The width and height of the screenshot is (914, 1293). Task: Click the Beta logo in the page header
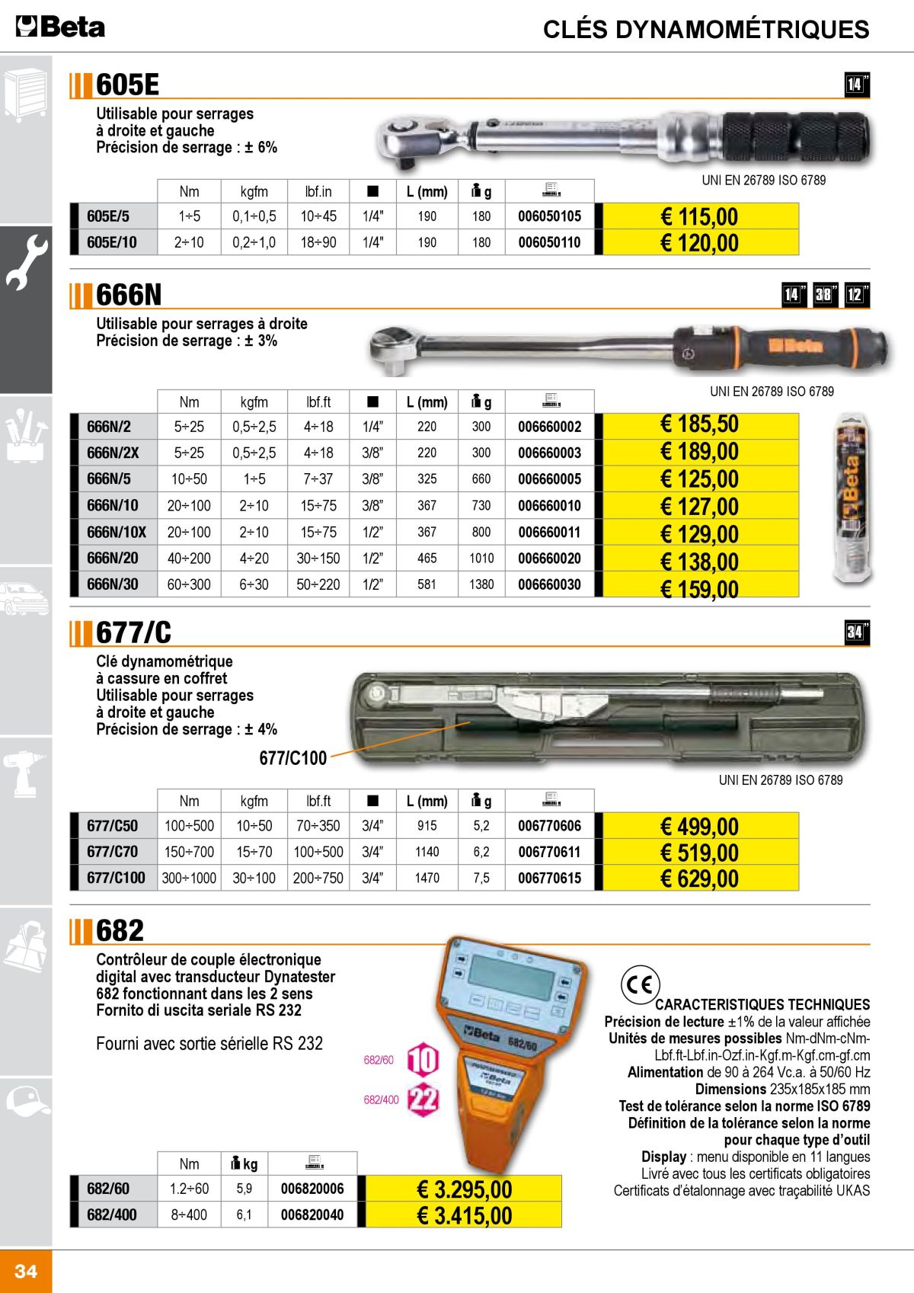coord(60,27)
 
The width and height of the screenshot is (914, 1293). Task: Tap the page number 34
coord(26,1270)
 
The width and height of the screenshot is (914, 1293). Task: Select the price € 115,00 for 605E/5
coord(698,216)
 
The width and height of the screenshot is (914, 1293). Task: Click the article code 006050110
coord(549,242)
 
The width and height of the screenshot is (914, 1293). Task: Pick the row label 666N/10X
coord(116,532)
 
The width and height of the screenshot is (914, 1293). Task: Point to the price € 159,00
coord(698,589)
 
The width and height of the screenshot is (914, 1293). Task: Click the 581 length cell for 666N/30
coord(427,584)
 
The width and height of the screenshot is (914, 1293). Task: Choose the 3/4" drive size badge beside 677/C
coord(856,632)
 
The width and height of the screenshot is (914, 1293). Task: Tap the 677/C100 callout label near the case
coord(292,758)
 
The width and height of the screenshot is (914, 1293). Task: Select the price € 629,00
coord(698,878)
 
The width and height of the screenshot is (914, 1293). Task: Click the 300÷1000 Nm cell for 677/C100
coord(189,878)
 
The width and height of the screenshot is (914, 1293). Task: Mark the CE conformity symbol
coord(639,985)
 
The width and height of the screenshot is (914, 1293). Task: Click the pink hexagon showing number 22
coord(423,1099)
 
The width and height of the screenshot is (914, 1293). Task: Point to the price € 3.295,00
coord(464,1189)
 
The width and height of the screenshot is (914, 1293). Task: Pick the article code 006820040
coord(312,1215)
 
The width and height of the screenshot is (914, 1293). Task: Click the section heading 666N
coord(129,295)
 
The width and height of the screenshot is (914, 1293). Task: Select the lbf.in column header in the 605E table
coord(318,191)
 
